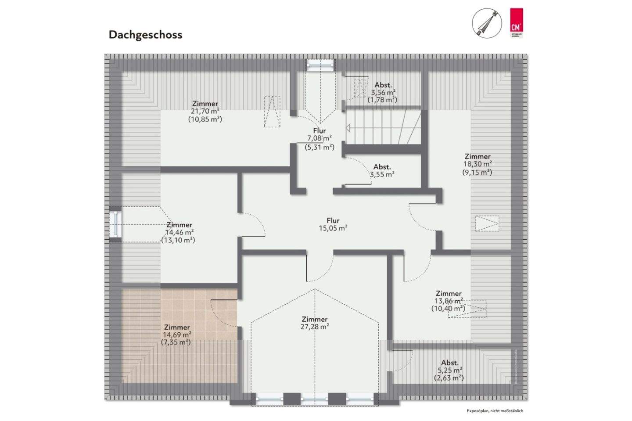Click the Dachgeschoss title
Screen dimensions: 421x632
pos(145,35)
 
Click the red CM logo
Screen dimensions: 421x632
pos(516,22)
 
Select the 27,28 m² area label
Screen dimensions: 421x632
pos(315,327)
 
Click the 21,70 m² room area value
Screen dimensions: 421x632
pos(205,112)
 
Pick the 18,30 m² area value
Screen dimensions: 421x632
pos(478,164)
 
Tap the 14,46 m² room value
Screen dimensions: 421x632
pos(179,232)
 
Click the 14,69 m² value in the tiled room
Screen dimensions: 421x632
pos(177,335)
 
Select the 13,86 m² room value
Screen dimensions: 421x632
pos(449,301)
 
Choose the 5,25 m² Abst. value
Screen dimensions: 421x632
pos(449,370)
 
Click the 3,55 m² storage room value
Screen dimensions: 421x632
pos(382,174)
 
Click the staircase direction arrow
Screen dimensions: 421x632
pos(348,128)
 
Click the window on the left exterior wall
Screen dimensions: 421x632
pos(116,224)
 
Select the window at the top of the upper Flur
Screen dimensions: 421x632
pos(320,65)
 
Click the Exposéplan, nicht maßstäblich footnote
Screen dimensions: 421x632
pos(495,411)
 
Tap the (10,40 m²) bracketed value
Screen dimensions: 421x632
pos(448,309)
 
